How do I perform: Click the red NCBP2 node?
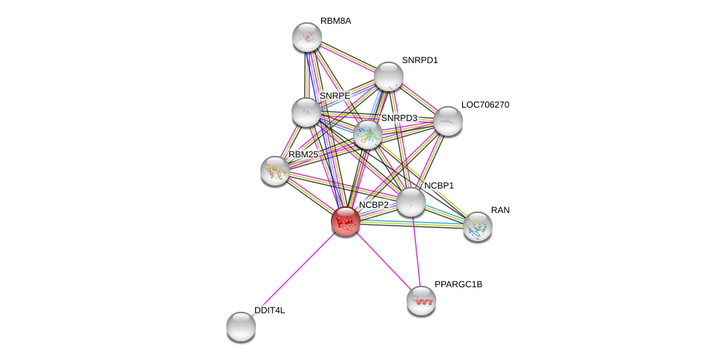(345, 220)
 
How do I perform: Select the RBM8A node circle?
(306, 36)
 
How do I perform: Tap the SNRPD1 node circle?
(388, 76)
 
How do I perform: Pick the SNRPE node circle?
(306, 112)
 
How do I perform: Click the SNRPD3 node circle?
(367, 134)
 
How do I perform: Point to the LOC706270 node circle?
(447, 121)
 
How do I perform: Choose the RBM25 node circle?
(274, 171)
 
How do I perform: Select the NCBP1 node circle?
(410, 202)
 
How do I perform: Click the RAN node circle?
(477, 226)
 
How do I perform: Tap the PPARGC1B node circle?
(421, 301)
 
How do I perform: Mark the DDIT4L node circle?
(240, 326)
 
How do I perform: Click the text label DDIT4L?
(269, 310)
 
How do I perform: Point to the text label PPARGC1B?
(458, 284)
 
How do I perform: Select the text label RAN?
(500, 210)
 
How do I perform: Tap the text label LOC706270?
(485, 105)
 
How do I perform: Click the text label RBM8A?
(335, 21)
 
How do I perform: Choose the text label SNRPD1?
(420, 60)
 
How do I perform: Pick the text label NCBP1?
(438, 186)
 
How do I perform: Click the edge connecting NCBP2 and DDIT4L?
(293, 272)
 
